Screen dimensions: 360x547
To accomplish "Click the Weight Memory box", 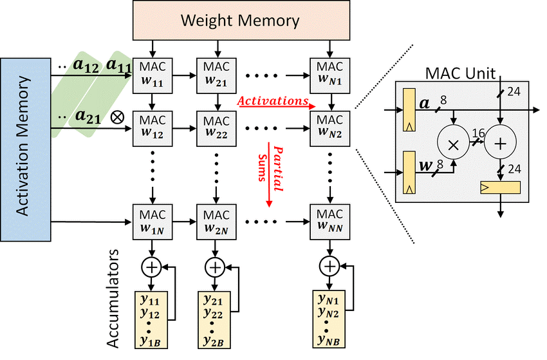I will click(x=239, y=21).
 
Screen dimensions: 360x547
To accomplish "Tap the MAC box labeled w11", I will click(x=152, y=75).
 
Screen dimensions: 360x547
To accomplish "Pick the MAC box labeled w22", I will click(x=214, y=128).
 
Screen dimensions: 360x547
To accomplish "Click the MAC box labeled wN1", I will click(x=329, y=75).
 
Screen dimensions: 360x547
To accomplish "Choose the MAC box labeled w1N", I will click(x=152, y=221).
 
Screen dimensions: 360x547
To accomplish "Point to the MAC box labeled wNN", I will click(x=329, y=221).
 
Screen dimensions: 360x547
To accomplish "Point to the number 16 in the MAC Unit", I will click(x=478, y=132).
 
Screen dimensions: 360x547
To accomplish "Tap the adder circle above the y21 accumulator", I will click(x=214, y=265).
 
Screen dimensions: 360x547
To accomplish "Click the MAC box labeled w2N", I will click(x=214, y=221).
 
